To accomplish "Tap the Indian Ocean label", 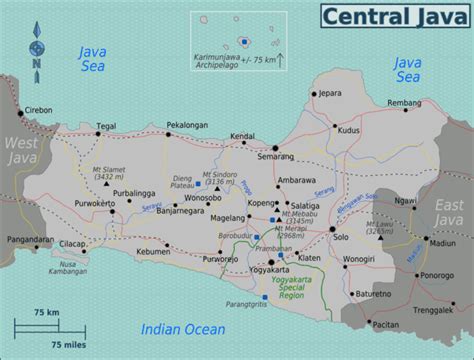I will pyautogui.click(x=181, y=327).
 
